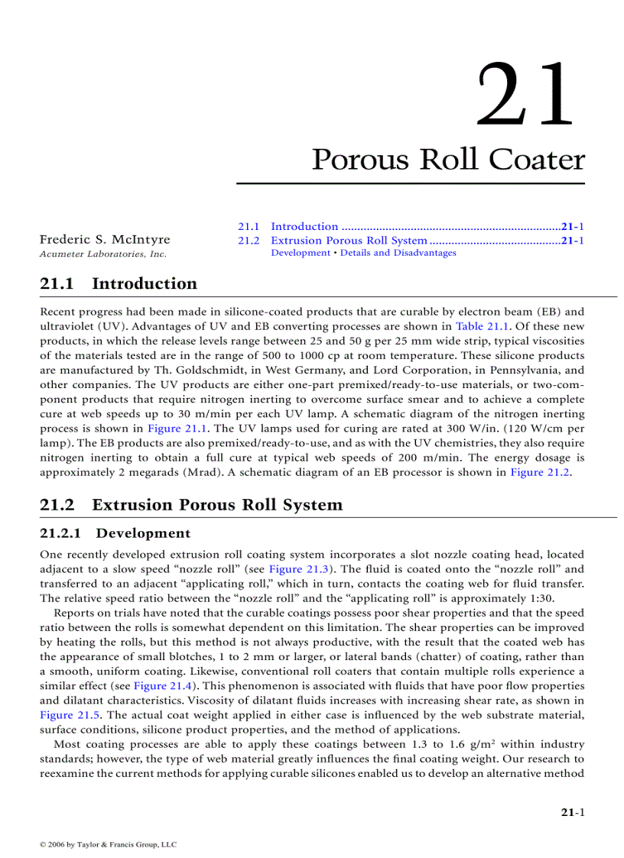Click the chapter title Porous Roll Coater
(448, 160)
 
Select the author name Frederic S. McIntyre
(105, 240)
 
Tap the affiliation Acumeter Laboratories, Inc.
(102, 254)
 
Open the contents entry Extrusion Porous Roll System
(349, 241)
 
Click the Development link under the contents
(301, 253)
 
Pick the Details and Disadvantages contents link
(398, 253)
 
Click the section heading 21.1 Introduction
(119, 284)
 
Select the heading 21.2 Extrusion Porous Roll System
(191, 505)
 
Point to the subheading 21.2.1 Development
(115, 533)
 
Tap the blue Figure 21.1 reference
(174, 429)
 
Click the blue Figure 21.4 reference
(161, 686)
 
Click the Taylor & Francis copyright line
(108, 844)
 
